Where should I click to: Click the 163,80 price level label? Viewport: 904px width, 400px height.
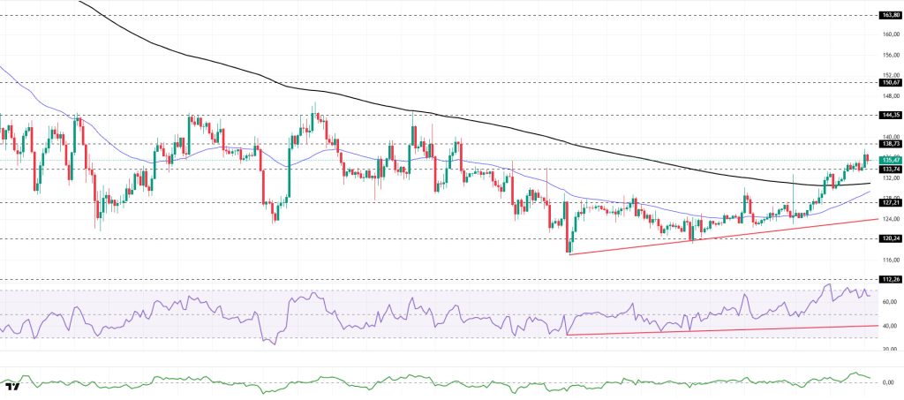click(890, 15)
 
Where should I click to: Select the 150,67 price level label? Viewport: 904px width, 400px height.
click(890, 82)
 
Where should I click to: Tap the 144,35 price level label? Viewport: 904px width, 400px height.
click(890, 115)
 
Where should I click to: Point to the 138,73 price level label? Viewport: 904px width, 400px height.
click(890, 143)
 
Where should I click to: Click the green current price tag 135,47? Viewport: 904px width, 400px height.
click(890, 160)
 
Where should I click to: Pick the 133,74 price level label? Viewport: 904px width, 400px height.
click(890, 169)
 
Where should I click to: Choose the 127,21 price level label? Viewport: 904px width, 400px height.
click(890, 202)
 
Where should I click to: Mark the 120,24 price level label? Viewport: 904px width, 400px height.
click(890, 238)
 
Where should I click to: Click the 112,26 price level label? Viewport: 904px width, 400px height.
click(890, 279)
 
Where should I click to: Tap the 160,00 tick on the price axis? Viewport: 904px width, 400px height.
click(890, 34)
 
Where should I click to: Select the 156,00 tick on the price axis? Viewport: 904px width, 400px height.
click(890, 55)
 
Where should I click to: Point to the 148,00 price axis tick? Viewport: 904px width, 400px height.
click(890, 95)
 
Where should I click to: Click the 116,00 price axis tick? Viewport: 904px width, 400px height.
click(890, 259)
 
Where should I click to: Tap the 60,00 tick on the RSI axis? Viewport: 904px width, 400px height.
click(890, 302)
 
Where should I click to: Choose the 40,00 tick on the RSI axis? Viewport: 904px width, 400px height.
click(890, 326)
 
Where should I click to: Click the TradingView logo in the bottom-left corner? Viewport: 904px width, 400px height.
click(13, 387)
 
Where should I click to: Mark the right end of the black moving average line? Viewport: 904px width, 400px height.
click(870, 184)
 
